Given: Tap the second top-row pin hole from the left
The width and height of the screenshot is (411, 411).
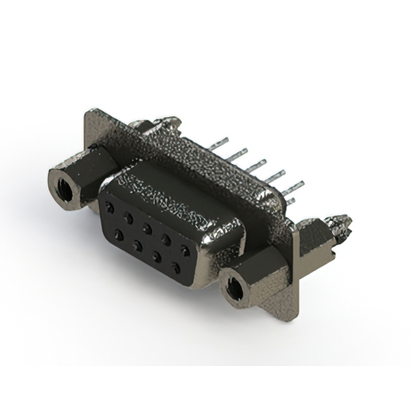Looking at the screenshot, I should (128, 217).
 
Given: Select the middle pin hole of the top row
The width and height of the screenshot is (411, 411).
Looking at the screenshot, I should (148, 227).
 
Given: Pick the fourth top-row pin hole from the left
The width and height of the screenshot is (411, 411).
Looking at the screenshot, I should (167, 238).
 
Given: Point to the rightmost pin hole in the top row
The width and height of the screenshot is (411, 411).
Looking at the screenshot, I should (186, 249).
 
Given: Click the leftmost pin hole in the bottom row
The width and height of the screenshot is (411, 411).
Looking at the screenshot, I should (119, 235).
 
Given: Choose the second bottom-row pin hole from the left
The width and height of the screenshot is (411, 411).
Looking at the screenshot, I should (138, 245).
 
